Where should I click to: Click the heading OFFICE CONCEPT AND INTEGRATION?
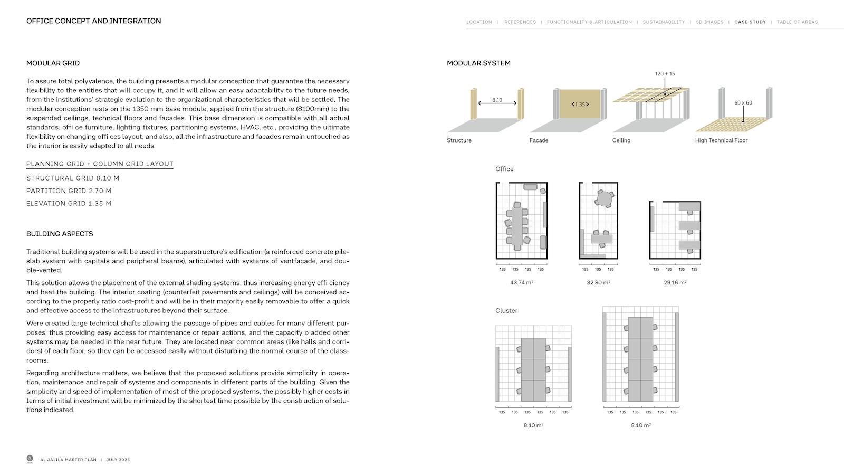93,21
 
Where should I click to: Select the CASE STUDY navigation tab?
750,22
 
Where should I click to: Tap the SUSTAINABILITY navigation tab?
664,22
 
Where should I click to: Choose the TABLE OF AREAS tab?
797,22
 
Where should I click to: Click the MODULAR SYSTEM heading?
478,63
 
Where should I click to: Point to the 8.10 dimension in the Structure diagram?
497,100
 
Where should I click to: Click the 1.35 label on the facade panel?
580,104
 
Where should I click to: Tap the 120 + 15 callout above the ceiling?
665,74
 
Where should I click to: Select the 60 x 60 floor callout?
743,103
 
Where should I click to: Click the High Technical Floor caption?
721,140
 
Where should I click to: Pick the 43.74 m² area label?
521,283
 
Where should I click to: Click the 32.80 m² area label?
598,283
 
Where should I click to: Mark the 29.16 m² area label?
675,283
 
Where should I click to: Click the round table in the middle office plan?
605,198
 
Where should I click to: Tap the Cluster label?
506,311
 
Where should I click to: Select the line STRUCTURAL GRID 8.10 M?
73,178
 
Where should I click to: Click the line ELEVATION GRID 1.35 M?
69,204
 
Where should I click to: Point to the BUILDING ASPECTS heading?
60,234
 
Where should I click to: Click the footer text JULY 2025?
118,460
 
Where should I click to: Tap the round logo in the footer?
30,459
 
